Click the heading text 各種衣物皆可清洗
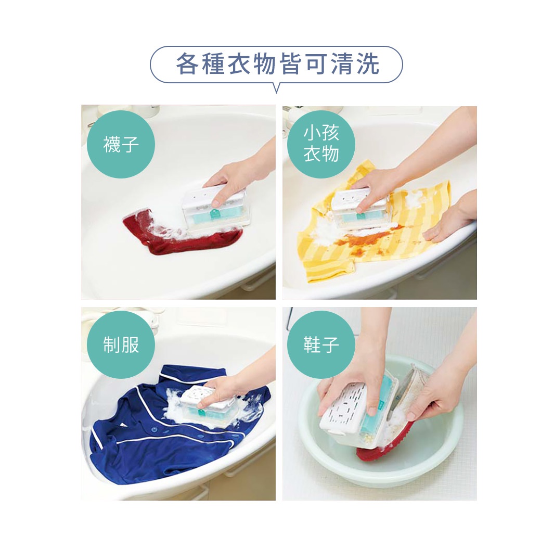click(277, 64)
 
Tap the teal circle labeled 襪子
click(121, 144)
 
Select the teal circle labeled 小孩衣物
click(321, 144)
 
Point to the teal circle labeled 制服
click(121, 344)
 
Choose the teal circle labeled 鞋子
click(321, 344)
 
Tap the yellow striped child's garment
click(371, 226)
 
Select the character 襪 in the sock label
click(112, 144)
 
